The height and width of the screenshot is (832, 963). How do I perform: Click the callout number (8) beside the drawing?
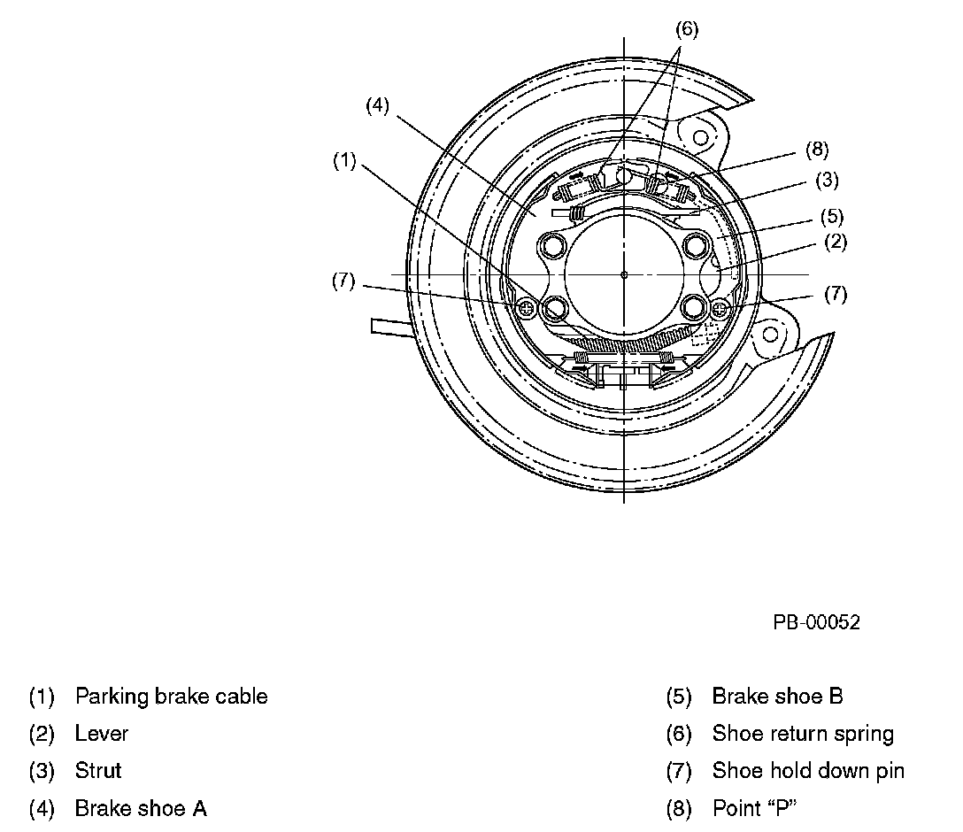click(x=817, y=150)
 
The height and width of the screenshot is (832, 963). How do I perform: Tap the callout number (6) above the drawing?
click(x=687, y=29)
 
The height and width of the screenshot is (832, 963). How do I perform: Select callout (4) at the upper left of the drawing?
click(x=378, y=105)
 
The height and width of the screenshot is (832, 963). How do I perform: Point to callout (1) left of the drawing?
click(x=344, y=161)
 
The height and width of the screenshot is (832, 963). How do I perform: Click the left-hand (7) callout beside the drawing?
click(x=343, y=281)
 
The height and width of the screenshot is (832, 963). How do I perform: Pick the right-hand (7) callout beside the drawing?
click(x=836, y=294)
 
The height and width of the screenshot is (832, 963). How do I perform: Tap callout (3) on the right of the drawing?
click(x=827, y=181)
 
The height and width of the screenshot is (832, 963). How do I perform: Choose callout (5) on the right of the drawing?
click(x=831, y=216)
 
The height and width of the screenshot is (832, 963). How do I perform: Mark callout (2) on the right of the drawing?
click(x=836, y=242)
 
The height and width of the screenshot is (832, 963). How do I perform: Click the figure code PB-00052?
click(x=816, y=622)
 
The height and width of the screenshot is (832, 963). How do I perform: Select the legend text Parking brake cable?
click(x=171, y=697)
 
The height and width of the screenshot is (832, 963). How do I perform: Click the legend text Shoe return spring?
click(x=803, y=734)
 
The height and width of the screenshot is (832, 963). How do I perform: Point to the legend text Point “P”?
click(x=748, y=808)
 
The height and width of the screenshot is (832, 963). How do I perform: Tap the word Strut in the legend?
click(x=98, y=771)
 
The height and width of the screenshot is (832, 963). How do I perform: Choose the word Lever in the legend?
click(x=102, y=734)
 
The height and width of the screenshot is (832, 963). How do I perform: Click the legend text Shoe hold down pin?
click(x=808, y=771)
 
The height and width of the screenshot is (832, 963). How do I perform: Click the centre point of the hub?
click(x=624, y=274)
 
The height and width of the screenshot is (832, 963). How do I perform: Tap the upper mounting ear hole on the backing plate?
click(x=700, y=138)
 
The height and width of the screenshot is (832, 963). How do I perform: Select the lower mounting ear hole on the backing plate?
click(x=770, y=335)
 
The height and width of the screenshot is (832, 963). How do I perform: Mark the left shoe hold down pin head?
click(x=528, y=308)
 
